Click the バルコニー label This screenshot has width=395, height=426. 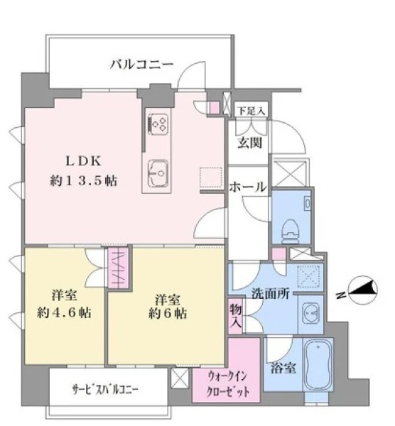(x=141, y=65)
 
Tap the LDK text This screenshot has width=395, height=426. (x=83, y=161)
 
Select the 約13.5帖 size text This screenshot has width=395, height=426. (x=83, y=180)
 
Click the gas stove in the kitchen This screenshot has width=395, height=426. (x=158, y=124)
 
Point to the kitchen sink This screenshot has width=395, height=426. (x=158, y=173)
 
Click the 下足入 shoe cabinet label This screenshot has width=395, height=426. (x=251, y=111)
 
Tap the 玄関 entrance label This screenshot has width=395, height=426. (x=249, y=143)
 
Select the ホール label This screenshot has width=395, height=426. (x=247, y=187)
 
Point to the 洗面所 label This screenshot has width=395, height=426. (x=270, y=293)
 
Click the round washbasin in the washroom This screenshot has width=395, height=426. (x=310, y=314)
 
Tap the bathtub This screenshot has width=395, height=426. (x=318, y=365)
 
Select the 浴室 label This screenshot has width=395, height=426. (x=283, y=368)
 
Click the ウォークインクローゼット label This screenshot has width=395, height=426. (x=227, y=383)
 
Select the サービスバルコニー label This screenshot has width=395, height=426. (x=105, y=390)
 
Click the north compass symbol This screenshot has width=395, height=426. (x=362, y=290)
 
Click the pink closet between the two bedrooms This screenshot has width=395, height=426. (x=119, y=268)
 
